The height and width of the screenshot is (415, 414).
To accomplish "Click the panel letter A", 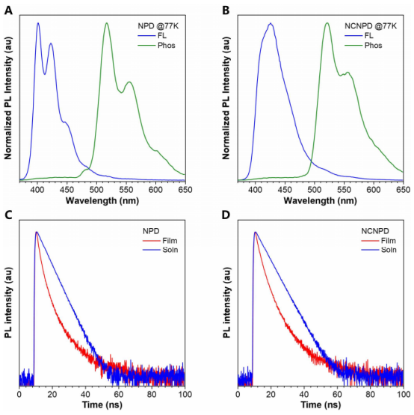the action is click(9, 10).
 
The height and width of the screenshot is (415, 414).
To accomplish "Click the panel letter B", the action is click(226, 10).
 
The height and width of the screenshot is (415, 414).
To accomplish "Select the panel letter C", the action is click(9, 215).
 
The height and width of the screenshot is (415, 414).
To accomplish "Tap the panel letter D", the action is click(226, 215).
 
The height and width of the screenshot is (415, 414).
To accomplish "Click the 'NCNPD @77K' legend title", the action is click(371, 26).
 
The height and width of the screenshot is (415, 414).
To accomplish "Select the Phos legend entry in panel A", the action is click(157, 46).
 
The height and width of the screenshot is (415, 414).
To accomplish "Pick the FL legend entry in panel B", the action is click(359, 36).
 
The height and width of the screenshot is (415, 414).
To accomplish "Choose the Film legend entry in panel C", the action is click(160, 241).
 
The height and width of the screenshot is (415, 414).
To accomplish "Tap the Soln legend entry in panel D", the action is click(379, 250).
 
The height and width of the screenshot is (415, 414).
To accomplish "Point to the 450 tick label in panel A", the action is click(67, 190).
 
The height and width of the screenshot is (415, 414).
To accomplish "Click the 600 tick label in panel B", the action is click(374, 190).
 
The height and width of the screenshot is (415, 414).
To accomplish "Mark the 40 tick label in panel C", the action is click(85, 394).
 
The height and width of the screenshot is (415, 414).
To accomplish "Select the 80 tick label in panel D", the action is click(370, 394).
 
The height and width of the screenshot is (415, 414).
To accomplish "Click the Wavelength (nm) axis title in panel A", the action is click(102, 200).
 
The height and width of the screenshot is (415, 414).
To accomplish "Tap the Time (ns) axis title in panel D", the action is click(321, 405).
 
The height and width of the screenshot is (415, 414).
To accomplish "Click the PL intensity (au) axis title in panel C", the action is click(8, 303).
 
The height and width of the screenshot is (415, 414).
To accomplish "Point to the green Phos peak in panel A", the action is click(107, 23).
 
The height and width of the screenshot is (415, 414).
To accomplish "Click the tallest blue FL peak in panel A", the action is click(38, 23).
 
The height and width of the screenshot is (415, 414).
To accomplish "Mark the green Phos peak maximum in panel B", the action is click(327, 23).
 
